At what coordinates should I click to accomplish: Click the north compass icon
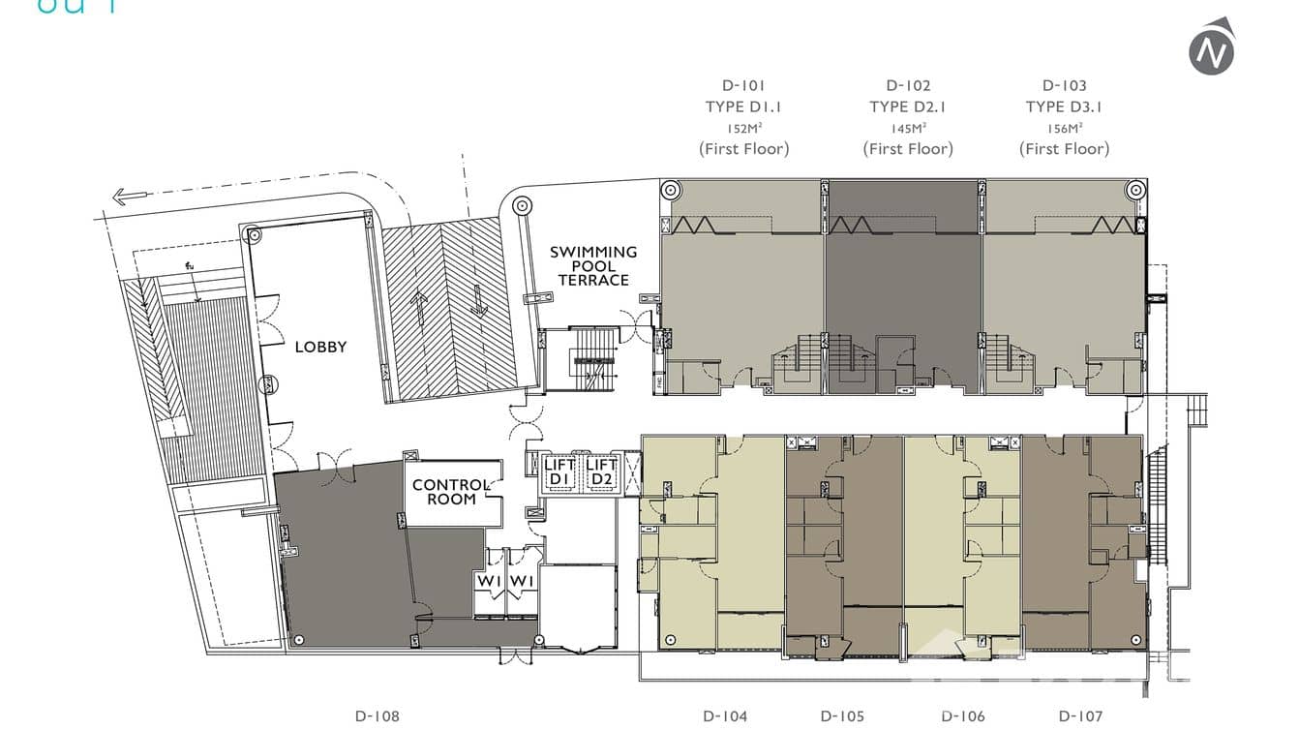1211,46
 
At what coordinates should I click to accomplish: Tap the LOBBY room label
320,347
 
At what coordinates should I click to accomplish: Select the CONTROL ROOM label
451,492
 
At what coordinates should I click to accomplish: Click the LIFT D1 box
559,472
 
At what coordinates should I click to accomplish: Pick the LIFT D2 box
602,472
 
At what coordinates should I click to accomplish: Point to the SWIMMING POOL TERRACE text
593,265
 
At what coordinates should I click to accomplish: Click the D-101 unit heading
743,85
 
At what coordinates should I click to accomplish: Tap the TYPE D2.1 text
908,106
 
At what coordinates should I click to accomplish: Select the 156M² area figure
1064,128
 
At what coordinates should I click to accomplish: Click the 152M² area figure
743,128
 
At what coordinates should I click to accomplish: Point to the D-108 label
377,716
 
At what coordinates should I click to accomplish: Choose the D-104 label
725,716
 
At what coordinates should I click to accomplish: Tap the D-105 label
842,716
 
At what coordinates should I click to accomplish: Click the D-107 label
1080,716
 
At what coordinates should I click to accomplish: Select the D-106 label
963,716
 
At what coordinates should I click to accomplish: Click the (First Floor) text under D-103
1064,149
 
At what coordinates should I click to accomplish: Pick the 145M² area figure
908,128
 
